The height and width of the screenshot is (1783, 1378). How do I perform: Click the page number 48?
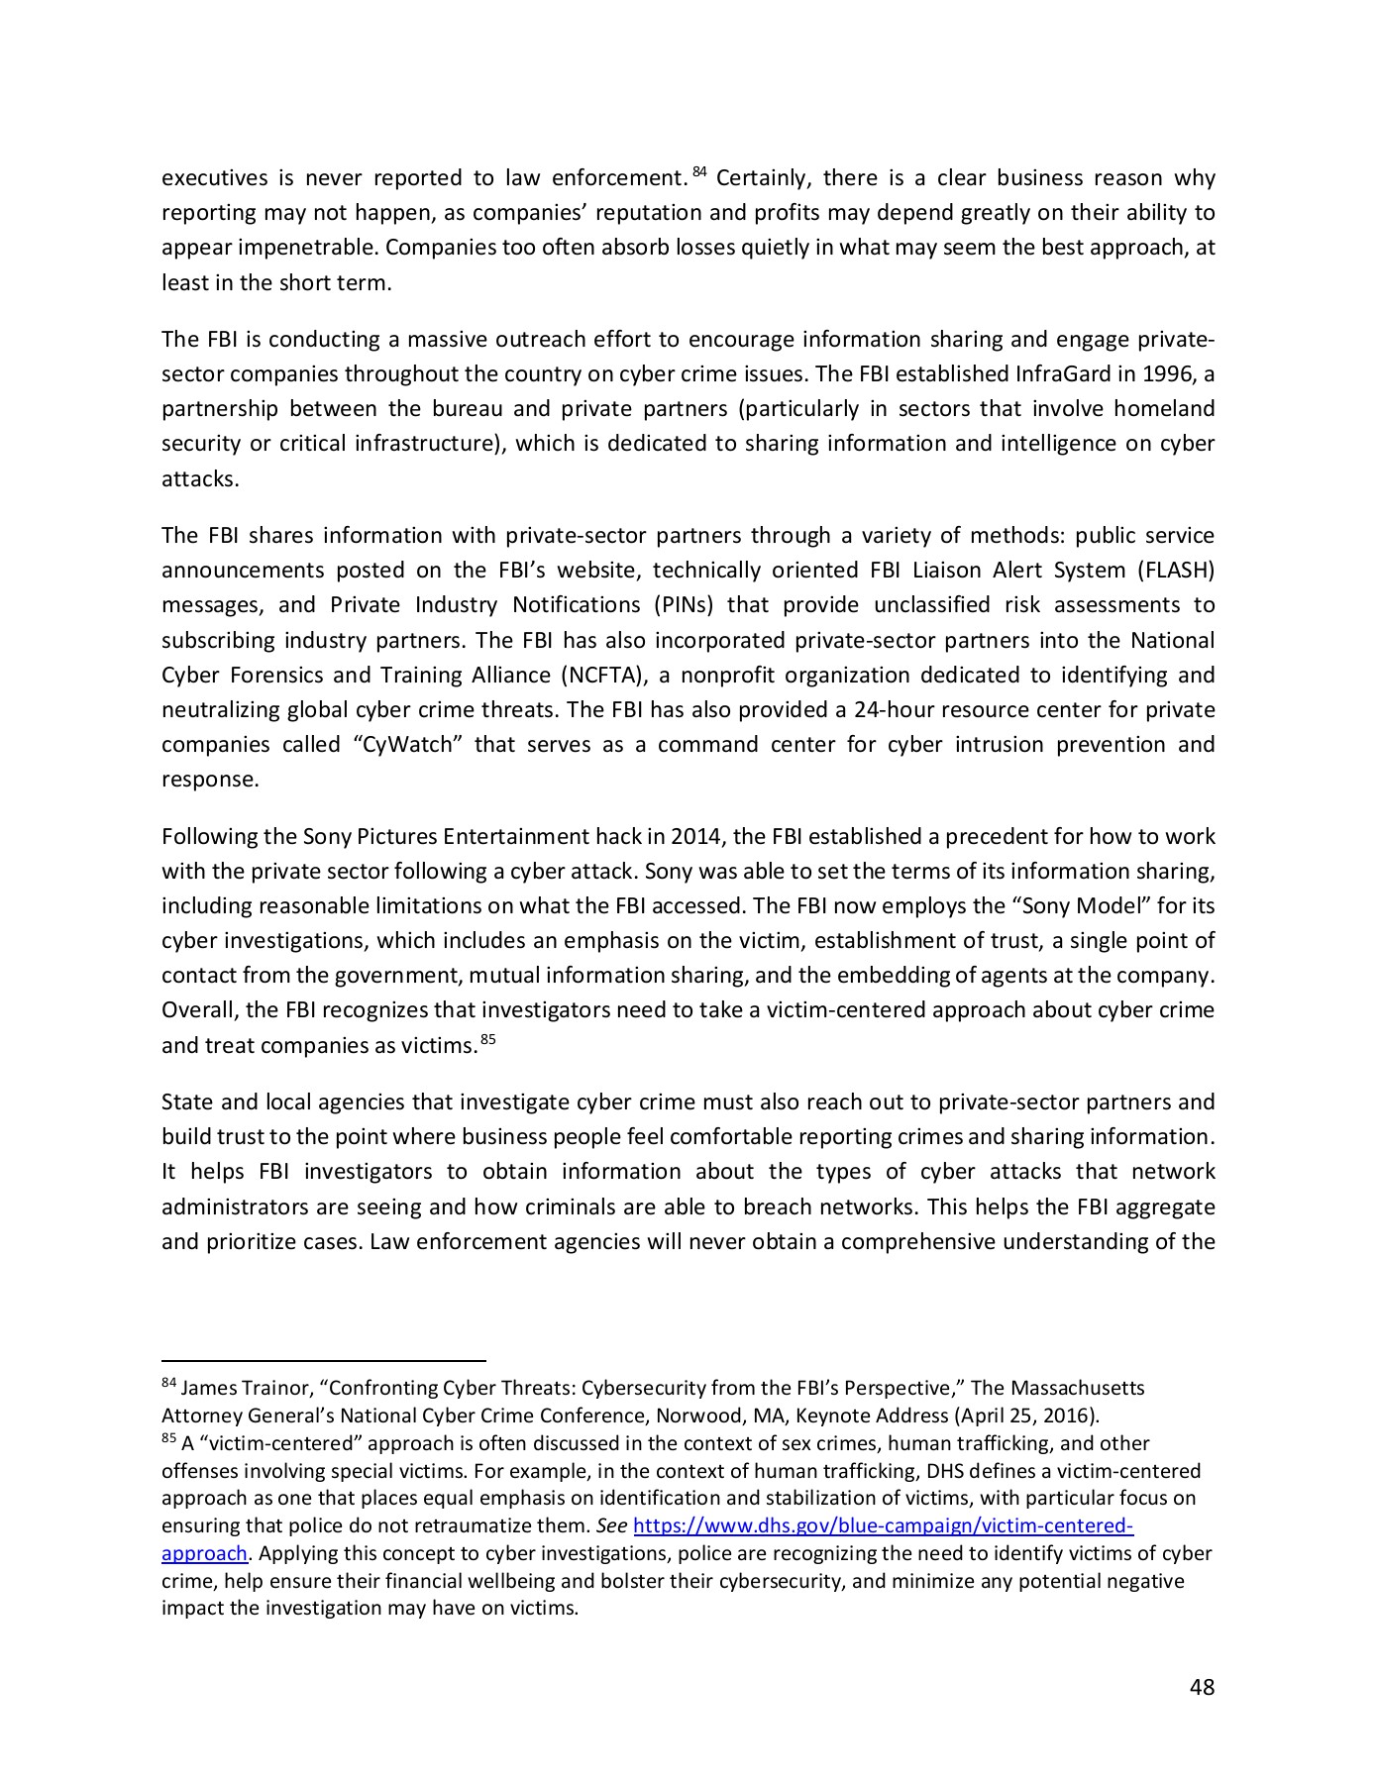click(1201, 1687)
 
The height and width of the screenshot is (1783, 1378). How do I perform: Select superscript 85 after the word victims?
click(486, 1039)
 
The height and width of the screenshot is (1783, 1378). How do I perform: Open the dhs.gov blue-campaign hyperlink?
click(882, 1525)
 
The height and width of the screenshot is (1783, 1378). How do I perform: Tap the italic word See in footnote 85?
click(611, 1525)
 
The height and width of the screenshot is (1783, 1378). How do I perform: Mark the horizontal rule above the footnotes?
click(323, 1361)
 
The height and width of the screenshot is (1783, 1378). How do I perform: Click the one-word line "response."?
click(210, 779)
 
